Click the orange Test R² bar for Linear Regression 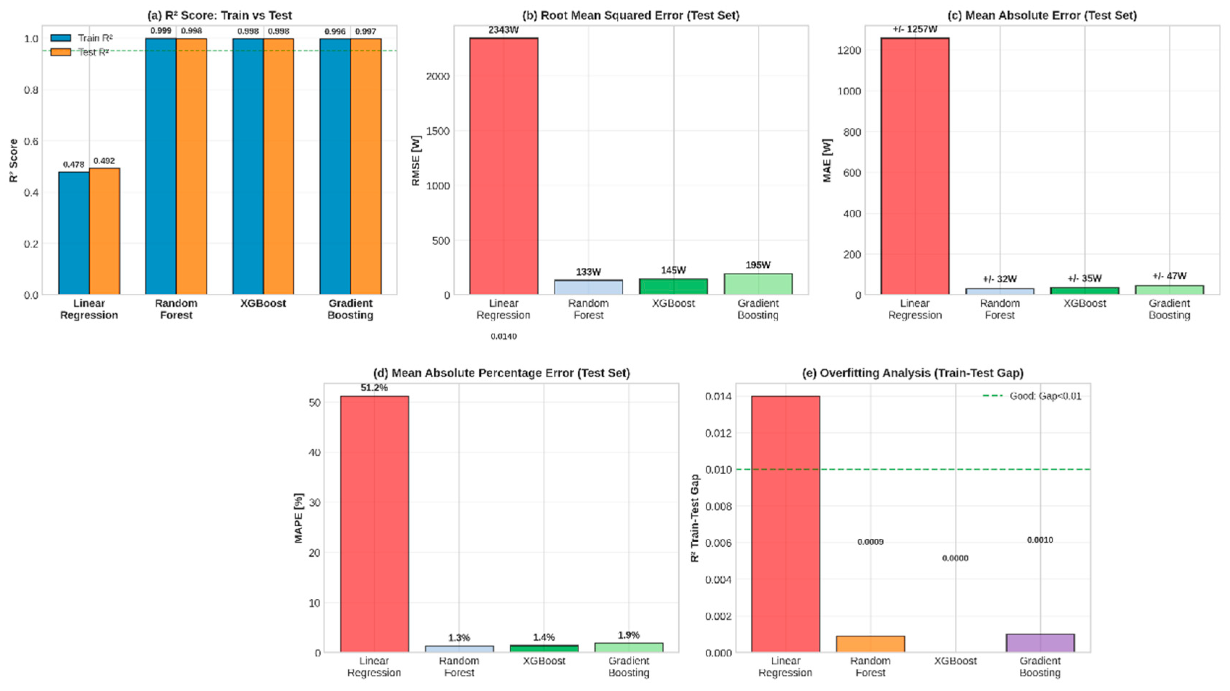click(104, 231)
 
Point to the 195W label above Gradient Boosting click(758, 265)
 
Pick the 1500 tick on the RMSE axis click(438, 131)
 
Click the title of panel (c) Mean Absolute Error click(1042, 15)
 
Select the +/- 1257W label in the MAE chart click(915, 29)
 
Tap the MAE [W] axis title click(827, 161)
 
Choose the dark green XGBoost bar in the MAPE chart click(544, 649)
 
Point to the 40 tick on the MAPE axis click(315, 452)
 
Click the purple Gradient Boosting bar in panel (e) click(1040, 643)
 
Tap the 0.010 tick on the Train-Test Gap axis click(718, 470)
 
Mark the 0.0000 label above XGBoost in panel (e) click(955, 558)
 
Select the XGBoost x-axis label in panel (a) click(263, 303)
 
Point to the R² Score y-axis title click(13, 161)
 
